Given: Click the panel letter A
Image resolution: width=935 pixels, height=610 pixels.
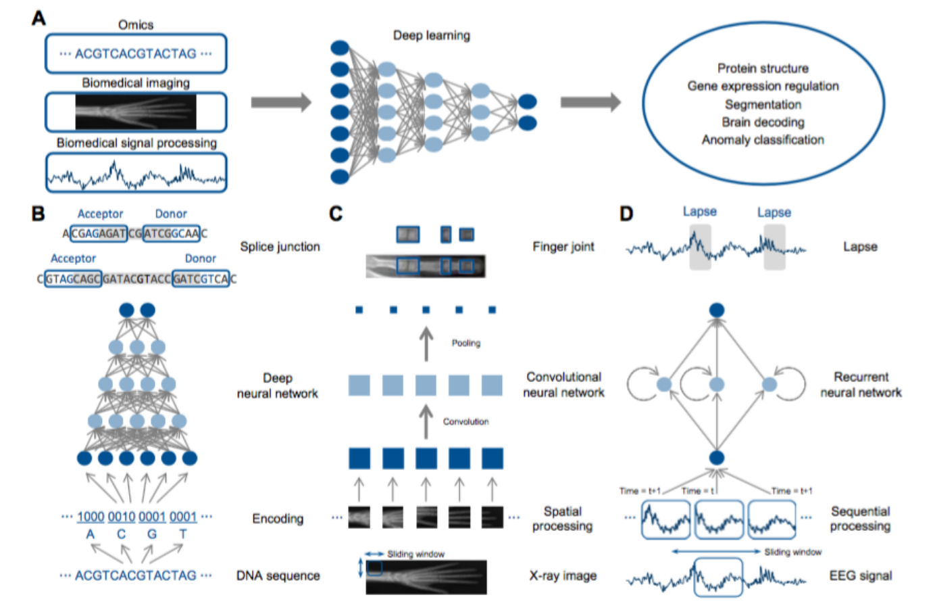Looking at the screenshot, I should [39, 18].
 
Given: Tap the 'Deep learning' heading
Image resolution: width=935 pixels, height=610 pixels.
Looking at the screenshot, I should [432, 35].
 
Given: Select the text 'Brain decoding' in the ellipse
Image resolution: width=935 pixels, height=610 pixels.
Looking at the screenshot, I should [763, 122].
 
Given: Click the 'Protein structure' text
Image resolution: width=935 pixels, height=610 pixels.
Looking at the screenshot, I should [763, 68].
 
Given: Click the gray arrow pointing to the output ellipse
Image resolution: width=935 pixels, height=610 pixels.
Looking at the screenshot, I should [590, 102].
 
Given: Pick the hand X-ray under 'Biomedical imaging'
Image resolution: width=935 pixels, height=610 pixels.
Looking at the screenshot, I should [136, 112].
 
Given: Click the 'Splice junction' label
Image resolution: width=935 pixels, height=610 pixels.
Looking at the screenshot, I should [280, 247].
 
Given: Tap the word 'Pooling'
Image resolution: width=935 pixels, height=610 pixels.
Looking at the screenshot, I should [465, 344].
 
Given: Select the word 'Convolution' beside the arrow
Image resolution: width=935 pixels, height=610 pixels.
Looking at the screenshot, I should [465, 422].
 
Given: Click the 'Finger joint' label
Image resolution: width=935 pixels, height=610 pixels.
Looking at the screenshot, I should [563, 247].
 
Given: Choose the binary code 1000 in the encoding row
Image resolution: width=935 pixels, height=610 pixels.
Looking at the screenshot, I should [91, 517].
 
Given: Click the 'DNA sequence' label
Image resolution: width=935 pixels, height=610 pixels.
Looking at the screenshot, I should [278, 576].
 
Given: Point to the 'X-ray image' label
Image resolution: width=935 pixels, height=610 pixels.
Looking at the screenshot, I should [563, 576].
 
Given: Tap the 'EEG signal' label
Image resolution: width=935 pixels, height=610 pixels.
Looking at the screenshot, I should [860, 576].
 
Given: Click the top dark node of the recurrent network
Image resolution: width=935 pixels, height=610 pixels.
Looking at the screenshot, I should [717, 310].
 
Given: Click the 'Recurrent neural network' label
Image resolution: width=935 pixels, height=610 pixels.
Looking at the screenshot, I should [861, 385].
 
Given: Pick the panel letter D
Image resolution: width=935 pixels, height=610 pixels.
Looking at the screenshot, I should [626, 214].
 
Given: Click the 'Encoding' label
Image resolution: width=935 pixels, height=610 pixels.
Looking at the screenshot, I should [278, 519].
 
